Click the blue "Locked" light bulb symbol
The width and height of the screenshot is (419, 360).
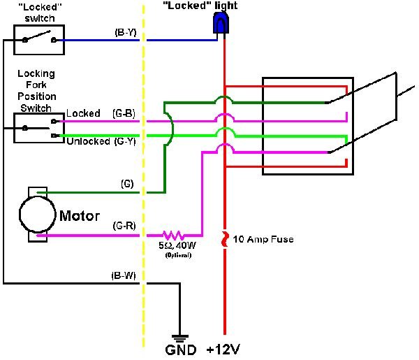point(221,25)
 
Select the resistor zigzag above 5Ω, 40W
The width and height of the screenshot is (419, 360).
point(172,236)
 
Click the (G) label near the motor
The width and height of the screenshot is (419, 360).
point(126,185)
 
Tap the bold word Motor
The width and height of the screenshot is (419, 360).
point(80,215)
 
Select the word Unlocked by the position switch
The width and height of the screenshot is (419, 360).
point(87,141)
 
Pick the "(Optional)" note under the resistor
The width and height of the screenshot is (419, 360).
point(177,255)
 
